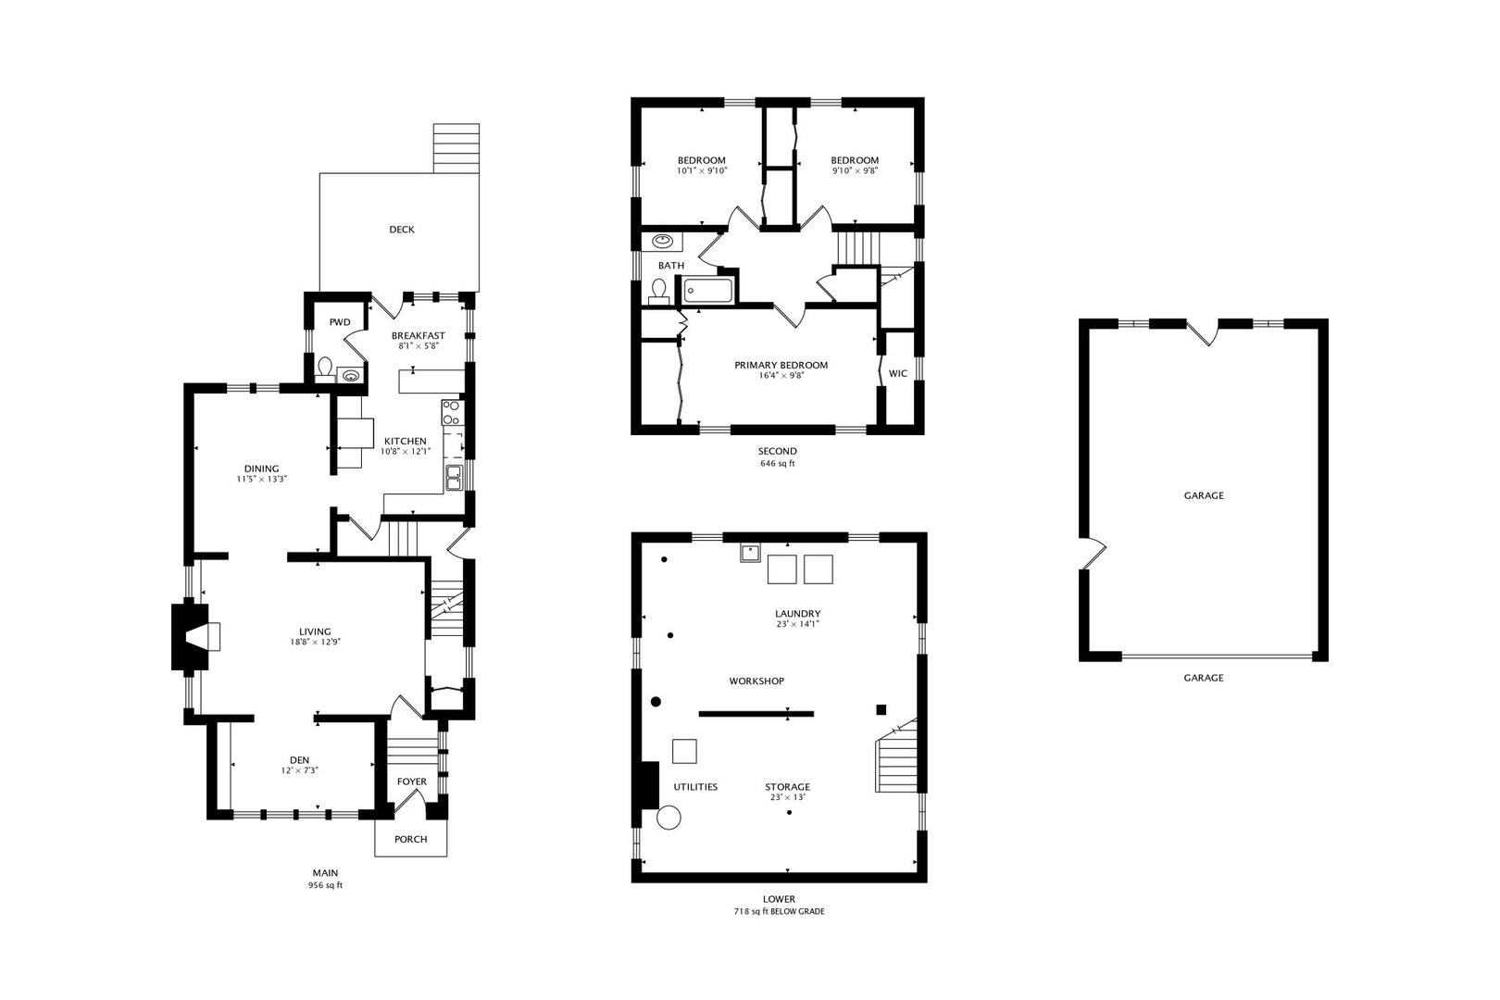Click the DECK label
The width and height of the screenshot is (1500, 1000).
pyautogui.click(x=402, y=230)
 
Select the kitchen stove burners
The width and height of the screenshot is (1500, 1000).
pyautogui.click(x=451, y=412)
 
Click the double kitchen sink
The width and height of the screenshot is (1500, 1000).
pyautogui.click(x=454, y=478)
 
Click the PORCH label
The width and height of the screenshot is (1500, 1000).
pyautogui.click(x=410, y=839)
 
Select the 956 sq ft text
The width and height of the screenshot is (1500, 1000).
pyautogui.click(x=325, y=885)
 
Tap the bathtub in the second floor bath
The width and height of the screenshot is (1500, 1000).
pyautogui.click(x=707, y=292)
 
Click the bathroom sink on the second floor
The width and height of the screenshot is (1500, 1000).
pyautogui.click(x=663, y=241)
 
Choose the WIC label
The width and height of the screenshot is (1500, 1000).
pyautogui.click(x=898, y=373)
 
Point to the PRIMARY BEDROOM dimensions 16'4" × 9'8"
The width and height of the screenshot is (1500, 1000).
pyautogui.click(x=781, y=376)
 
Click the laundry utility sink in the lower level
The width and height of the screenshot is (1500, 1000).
pyautogui.click(x=750, y=553)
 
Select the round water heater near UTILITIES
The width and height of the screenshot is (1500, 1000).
pyautogui.click(x=669, y=818)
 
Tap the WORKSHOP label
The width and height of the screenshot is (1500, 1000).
pyautogui.click(x=756, y=681)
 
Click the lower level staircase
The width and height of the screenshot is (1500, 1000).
pyautogui.click(x=896, y=756)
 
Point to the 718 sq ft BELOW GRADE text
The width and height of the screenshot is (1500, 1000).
pyautogui.click(x=779, y=912)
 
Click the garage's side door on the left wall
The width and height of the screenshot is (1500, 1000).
pyautogui.click(x=1093, y=554)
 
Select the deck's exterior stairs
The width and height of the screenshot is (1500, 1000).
pyautogui.click(x=456, y=148)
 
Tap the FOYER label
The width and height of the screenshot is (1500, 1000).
pyautogui.click(x=412, y=781)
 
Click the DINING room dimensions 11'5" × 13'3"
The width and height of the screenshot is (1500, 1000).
pyautogui.click(x=261, y=480)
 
